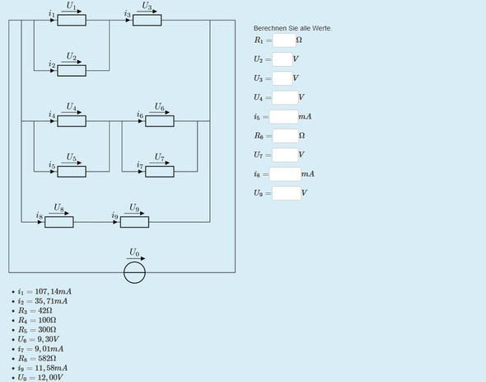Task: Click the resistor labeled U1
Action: [x=72, y=20]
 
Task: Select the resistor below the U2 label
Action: [x=72, y=70]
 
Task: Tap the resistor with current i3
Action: [x=147, y=20]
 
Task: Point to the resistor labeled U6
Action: [x=160, y=121]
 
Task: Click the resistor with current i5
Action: [x=72, y=172]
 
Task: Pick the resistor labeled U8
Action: [x=59, y=222]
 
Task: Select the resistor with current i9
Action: [x=134, y=222]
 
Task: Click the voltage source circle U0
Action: [x=134, y=272]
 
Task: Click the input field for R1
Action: [x=284, y=40]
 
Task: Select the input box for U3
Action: [x=283, y=78]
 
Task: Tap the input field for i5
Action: [x=283, y=117]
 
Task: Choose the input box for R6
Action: [x=286, y=135]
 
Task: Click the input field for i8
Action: [x=285, y=174]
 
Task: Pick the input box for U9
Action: [x=287, y=193]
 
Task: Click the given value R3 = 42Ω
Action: [x=35, y=310]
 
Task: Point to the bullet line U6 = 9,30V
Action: [x=39, y=339]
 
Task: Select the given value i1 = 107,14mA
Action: [x=44, y=291]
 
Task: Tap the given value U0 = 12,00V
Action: [x=40, y=378]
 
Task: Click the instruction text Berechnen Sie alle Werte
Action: [x=292, y=28]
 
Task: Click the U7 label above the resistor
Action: [x=159, y=158]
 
